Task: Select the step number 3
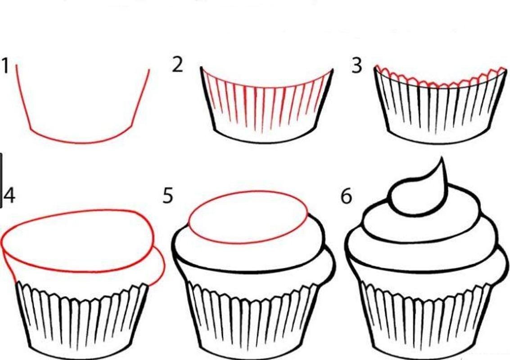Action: (357, 65)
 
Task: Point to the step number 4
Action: (9, 196)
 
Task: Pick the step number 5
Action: (168, 196)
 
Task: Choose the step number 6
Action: (347, 196)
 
